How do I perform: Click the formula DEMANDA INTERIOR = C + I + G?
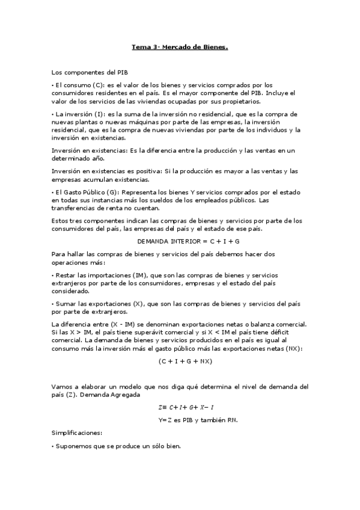point(180,241)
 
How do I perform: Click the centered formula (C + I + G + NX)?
point(186,361)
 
